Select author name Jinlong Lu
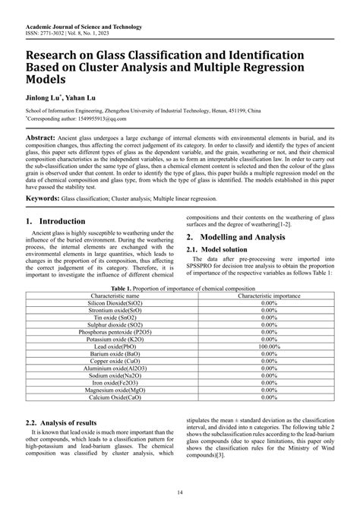click(x=43, y=98)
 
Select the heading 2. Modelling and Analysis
click(x=242, y=237)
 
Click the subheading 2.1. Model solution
click(x=222, y=249)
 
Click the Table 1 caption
click(x=179, y=289)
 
